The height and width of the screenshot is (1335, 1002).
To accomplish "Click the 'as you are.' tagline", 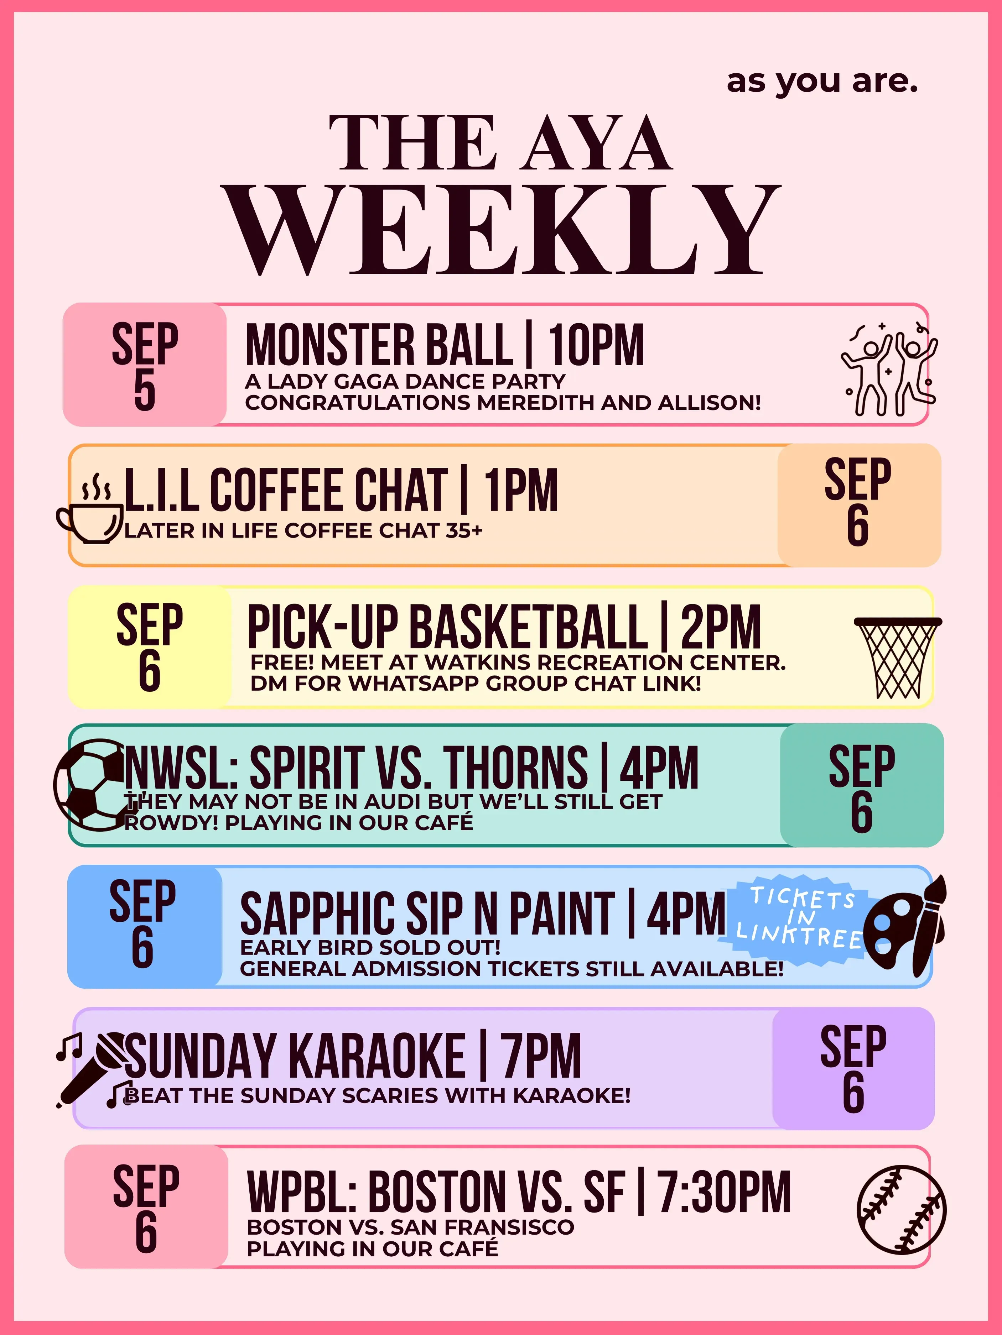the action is (x=822, y=82).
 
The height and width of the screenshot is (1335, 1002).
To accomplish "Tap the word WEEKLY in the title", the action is (x=501, y=231).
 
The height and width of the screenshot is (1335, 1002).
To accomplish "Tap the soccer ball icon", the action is (x=90, y=785).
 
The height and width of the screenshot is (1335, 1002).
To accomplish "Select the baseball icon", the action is (x=901, y=1210).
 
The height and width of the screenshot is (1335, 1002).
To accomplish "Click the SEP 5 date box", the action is (x=145, y=365).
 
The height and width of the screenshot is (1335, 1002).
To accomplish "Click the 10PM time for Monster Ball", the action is (x=596, y=345).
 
